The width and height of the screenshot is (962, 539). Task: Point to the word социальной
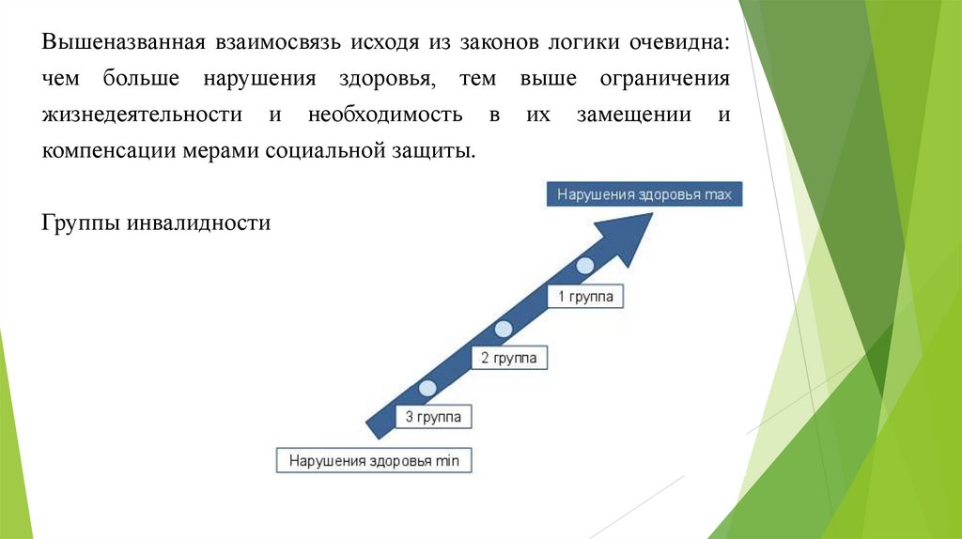coord(318,151)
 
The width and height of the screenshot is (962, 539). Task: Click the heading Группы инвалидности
coord(157,224)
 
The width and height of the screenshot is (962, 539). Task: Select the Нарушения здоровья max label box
coord(644,194)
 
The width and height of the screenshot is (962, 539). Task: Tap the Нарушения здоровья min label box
coord(374,461)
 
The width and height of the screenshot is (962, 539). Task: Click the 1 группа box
coord(585,297)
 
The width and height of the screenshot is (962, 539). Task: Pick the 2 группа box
coord(508,358)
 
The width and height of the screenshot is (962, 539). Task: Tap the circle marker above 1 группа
coord(584,265)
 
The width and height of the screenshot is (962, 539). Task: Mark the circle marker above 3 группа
coord(427,387)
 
